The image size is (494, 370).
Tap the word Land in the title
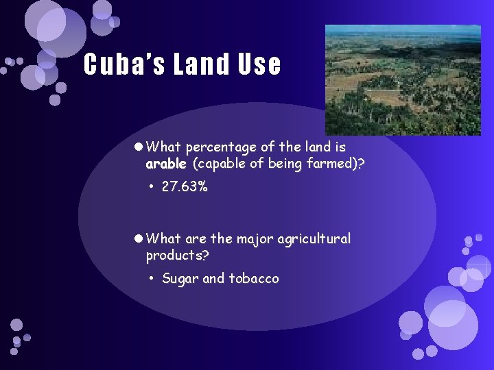(202, 65)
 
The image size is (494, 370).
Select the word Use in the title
(260, 65)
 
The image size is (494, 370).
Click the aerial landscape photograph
(403, 79)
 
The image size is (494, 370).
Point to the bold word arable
(165, 164)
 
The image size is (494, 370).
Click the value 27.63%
(185, 186)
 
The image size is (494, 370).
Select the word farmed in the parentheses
(334, 164)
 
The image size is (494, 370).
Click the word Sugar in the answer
(180, 278)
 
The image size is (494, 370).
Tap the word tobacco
(254, 278)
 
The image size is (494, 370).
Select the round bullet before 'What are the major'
(138, 239)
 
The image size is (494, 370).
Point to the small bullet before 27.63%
(152, 187)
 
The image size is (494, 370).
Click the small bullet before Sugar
(152, 279)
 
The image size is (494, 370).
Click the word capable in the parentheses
(222, 164)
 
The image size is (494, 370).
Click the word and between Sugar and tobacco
(213, 278)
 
